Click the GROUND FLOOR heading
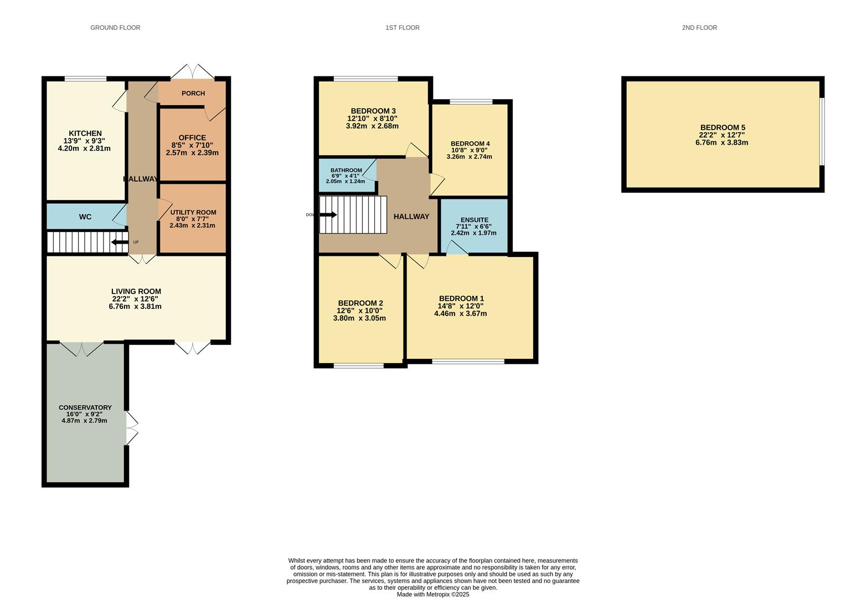pyautogui.click(x=115, y=28)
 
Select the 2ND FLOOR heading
pyautogui.click(x=699, y=28)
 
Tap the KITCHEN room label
pyautogui.click(x=85, y=133)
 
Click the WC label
pyautogui.click(x=85, y=217)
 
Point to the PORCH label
pyautogui.click(x=193, y=94)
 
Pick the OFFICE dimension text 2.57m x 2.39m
pyautogui.click(x=192, y=153)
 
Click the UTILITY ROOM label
pyautogui.click(x=193, y=213)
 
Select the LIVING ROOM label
pyautogui.click(x=136, y=291)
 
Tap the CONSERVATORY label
pyautogui.click(x=85, y=408)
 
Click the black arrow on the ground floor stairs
pyautogui.click(x=120, y=242)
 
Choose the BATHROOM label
pyautogui.click(x=346, y=171)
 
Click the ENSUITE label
pyautogui.click(x=474, y=220)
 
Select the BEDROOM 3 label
pyautogui.click(x=372, y=111)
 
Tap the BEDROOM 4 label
pyautogui.click(x=470, y=143)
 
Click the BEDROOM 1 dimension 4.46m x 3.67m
pyautogui.click(x=460, y=313)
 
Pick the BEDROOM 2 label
pyautogui.click(x=360, y=303)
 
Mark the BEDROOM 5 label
pyautogui.click(x=722, y=127)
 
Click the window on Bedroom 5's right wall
pyautogui.click(x=822, y=132)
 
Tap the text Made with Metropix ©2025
pyautogui.click(x=432, y=594)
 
